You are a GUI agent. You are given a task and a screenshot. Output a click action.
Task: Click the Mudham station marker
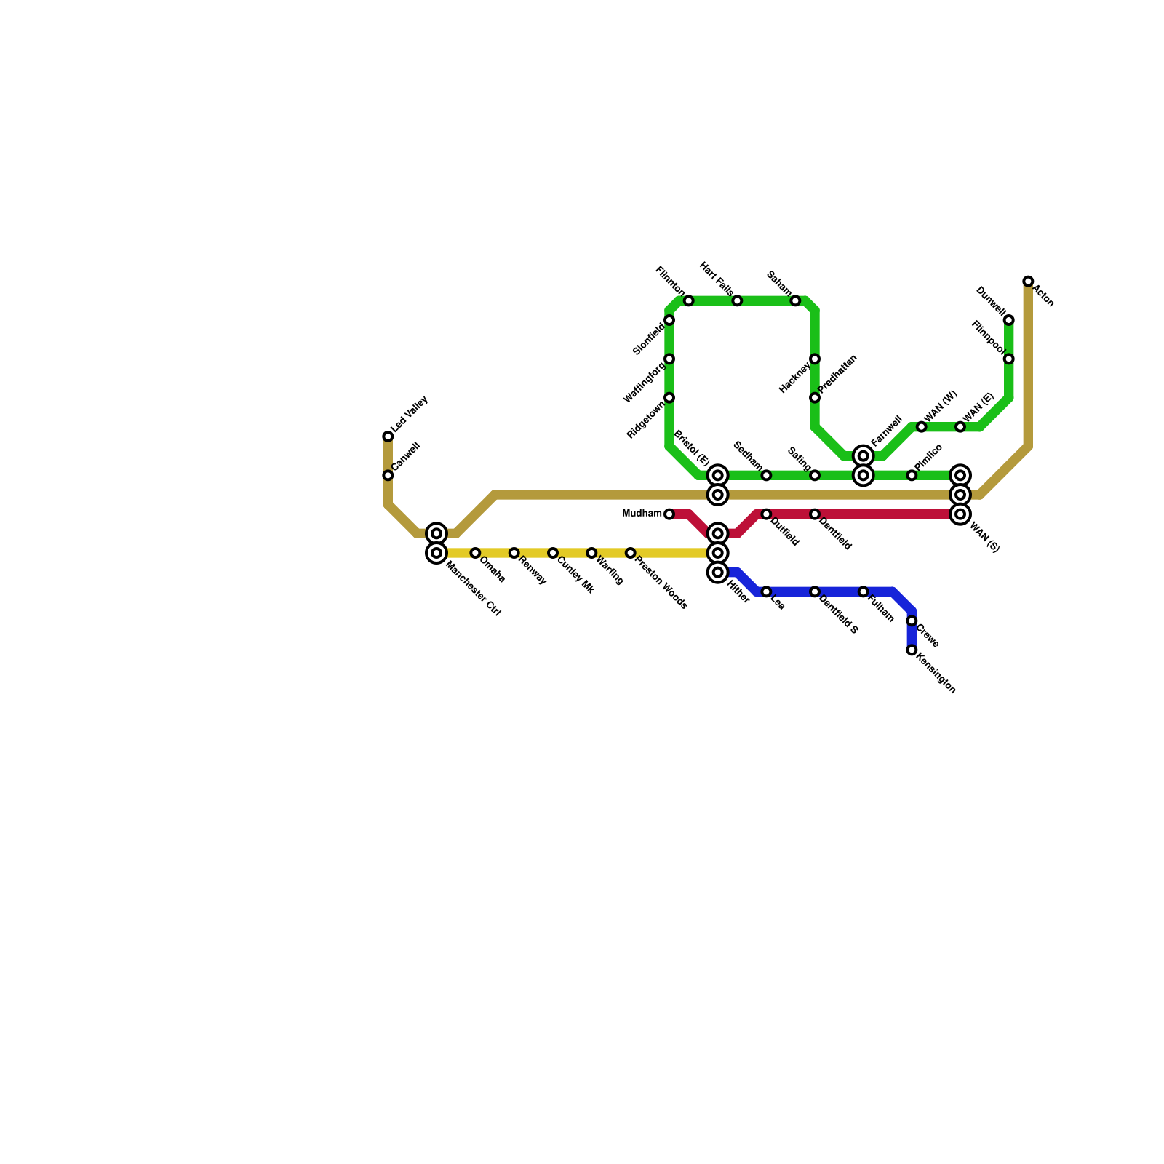[x=669, y=514]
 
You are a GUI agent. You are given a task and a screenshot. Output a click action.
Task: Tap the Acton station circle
[x=1028, y=282]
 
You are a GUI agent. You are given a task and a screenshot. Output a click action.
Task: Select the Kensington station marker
[x=912, y=650]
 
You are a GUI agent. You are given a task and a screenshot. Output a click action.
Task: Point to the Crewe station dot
[x=912, y=621]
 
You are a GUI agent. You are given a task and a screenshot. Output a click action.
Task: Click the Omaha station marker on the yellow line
[x=475, y=553]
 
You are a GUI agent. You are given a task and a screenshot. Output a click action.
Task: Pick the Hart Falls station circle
[x=737, y=300]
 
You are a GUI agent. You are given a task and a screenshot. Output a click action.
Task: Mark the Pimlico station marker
[x=912, y=475]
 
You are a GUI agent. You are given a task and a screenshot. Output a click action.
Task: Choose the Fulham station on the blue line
[x=863, y=591]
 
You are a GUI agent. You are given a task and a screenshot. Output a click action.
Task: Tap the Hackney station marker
[x=815, y=359]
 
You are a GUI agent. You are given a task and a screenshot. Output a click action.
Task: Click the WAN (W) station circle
[x=921, y=427]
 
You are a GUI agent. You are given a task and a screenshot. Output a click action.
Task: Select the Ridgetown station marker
[x=669, y=398]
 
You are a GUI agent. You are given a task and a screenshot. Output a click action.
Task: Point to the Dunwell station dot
[x=1008, y=320]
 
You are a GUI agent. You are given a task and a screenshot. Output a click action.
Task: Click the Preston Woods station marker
[x=630, y=553]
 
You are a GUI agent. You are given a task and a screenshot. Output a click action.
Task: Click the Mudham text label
[x=642, y=514]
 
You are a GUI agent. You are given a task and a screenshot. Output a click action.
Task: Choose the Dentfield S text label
[x=839, y=615]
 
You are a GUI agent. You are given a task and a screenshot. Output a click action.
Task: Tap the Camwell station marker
[x=388, y=475]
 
